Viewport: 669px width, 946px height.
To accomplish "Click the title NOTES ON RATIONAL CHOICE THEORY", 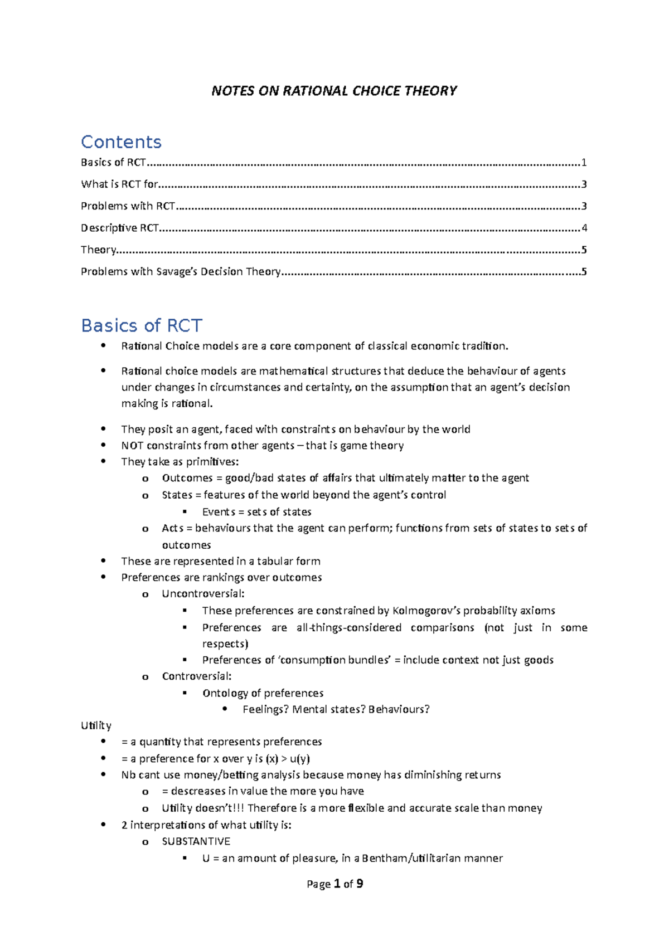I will pos(334,91).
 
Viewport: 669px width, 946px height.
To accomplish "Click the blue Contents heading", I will pos(121,142).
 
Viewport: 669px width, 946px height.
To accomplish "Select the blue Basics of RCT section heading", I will pos(141,325).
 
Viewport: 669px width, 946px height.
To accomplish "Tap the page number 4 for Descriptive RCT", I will pos(584,228).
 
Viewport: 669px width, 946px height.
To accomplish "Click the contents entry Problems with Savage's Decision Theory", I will pos(181,272).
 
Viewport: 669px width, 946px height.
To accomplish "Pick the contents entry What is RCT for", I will pos(119,184).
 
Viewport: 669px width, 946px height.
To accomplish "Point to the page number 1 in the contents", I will pos(584,163).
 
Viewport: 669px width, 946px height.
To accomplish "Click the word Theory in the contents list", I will pos(98,250).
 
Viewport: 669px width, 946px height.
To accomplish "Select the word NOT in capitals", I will pos(132,446).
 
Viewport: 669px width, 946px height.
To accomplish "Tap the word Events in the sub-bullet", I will pos(219,512).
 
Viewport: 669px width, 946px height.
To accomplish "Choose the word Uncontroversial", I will pos(203,594).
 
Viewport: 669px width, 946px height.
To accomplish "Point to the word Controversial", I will pos(196,676).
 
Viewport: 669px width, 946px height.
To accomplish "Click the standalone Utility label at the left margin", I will pos(96,725).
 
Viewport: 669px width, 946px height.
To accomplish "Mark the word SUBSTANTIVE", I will pos(196,841).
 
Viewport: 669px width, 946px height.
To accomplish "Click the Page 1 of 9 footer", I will pos(334,884).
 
